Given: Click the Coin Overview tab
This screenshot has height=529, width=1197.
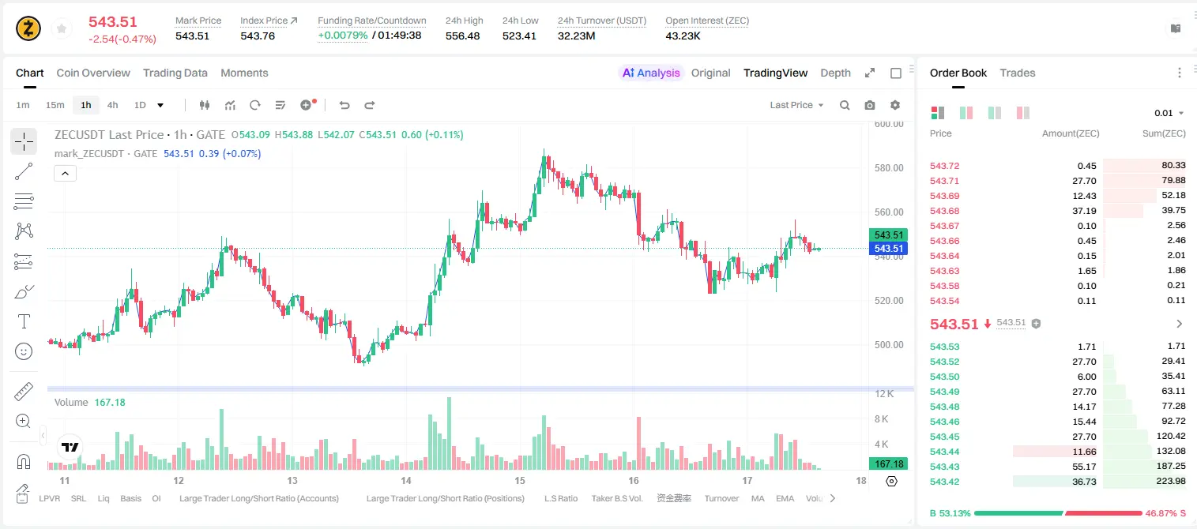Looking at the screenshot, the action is [93, 73].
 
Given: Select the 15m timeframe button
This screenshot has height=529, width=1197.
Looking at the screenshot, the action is [55, 105].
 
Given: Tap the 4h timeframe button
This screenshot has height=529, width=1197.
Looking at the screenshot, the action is [112, 105].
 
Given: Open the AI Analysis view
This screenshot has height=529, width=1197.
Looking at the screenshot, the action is [651, 73].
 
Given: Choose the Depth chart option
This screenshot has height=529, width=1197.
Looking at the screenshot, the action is [835, 73].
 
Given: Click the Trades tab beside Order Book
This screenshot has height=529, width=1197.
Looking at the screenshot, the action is [1018, 73].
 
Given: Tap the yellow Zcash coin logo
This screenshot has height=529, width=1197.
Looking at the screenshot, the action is [28, 28].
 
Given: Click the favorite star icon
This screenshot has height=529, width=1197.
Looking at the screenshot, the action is [62, 28].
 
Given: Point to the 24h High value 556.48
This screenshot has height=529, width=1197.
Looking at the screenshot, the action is [463, 36].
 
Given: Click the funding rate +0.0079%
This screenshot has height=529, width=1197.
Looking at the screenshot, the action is [343, 36].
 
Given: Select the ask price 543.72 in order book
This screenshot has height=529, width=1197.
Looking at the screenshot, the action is [944, 166].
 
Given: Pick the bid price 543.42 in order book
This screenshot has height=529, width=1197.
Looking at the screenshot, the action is [944, 482].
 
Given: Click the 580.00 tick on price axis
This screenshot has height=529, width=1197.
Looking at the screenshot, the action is [889, 168].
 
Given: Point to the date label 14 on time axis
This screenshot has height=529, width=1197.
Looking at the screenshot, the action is [406, 480].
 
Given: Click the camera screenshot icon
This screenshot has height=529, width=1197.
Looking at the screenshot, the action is [870, 105].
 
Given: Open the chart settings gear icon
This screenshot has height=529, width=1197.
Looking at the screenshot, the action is [895, 105].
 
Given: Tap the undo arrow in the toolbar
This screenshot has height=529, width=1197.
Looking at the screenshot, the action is [344, 105].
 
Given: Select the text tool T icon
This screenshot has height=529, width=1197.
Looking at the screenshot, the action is [24, 321].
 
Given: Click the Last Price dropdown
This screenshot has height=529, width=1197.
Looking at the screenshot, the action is [796, 105].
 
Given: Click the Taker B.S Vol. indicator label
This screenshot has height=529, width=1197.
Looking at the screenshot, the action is [616, 498].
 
